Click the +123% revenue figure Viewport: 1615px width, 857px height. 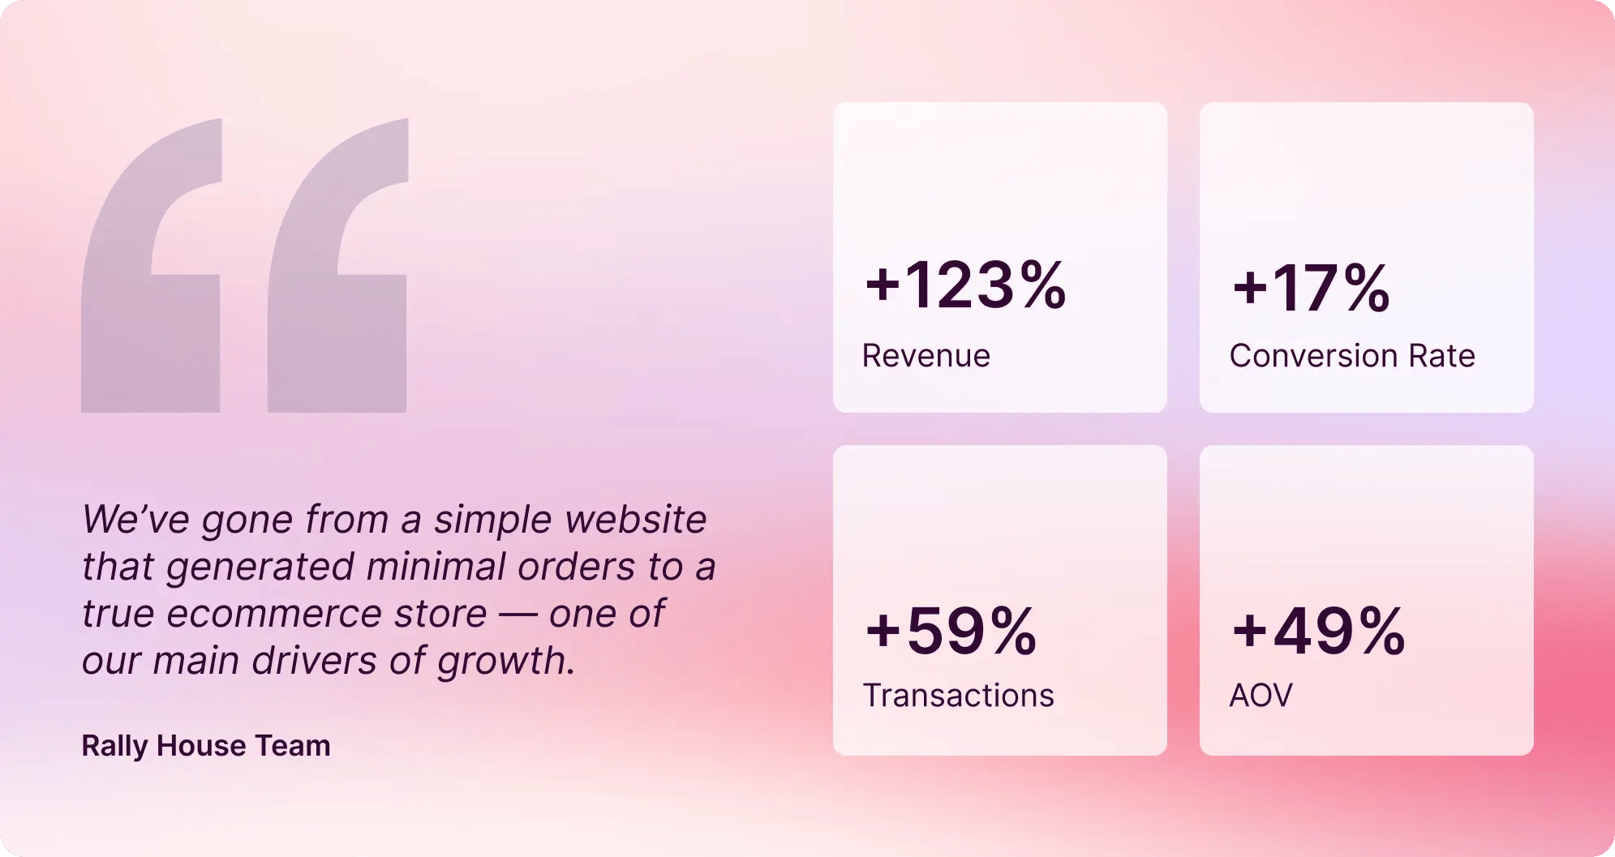pyautogui.click(x=965, y=285)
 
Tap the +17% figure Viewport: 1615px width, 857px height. pyautogui.click(x=1311, y=288)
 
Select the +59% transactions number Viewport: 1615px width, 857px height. pyautogui.click(x=951, y=631)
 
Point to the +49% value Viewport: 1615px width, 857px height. pyautogui.click(x=1318, y=631)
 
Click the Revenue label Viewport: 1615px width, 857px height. pyautogui.click(x=926, y=356)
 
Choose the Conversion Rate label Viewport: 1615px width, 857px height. pyautogui.click(x=1351, y=356)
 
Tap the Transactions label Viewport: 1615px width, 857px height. pyautogui.click(x=958, y=696)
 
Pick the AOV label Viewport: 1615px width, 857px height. pyautogui.click(x=1261, y=696)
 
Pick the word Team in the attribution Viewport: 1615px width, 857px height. pyautogui.click(x=293, y=746)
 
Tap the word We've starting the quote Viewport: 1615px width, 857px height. pyautogui.click(x=135, y=520)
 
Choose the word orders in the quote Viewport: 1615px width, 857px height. pyautogui.click(x=576, y=567)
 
